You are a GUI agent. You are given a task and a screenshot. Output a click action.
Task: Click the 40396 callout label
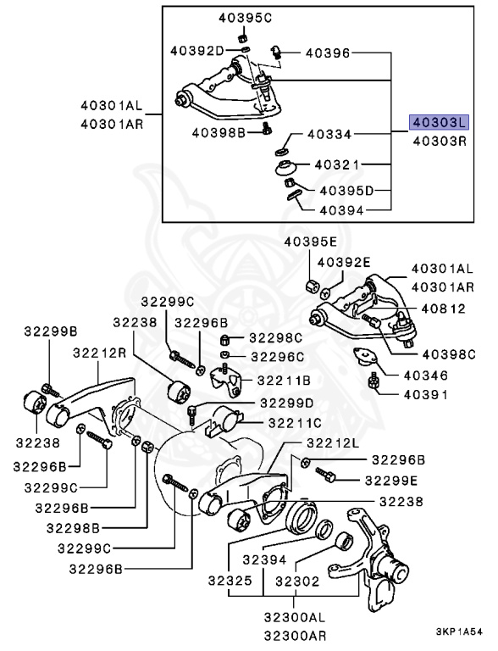pyautogui.click(x=326, y=53)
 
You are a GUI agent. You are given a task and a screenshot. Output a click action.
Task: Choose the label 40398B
pyautogui.click(x=219, y=132)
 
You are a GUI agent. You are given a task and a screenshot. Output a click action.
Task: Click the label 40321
pyautogui.click(x=337, y=164)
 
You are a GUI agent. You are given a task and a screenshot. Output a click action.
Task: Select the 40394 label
pyautogui.click(x=343, y=209)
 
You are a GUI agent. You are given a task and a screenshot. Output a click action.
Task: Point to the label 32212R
pyautogui.click(x=99, y=352)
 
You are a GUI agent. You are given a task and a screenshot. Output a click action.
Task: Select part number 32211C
pyautogui.click(x=290, y=421)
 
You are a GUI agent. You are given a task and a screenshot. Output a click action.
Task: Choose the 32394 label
pyautogui.click(x=266, y=560)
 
